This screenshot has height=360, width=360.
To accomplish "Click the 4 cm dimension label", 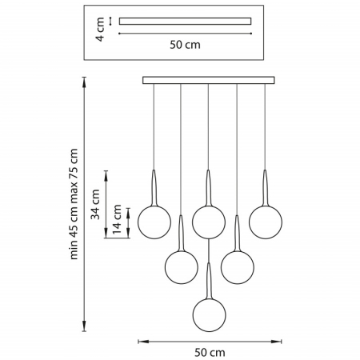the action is (x=100, y=29).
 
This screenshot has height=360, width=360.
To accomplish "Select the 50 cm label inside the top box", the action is (x=185, y=45).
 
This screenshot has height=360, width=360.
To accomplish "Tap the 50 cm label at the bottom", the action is (x=210, y=353).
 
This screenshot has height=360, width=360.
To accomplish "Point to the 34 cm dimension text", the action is (x=95, y=205).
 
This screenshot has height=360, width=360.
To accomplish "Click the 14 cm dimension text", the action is (x=117, y=219).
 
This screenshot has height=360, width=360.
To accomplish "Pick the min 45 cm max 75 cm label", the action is (x=74, y=204).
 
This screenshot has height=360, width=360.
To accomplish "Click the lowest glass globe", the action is (x=210, y=315).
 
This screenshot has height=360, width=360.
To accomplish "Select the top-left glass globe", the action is (x=154, y=222).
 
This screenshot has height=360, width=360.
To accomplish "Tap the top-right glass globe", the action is (x=266, y=222).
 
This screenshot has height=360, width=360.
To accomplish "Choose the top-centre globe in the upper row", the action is (x=209, y=222).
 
